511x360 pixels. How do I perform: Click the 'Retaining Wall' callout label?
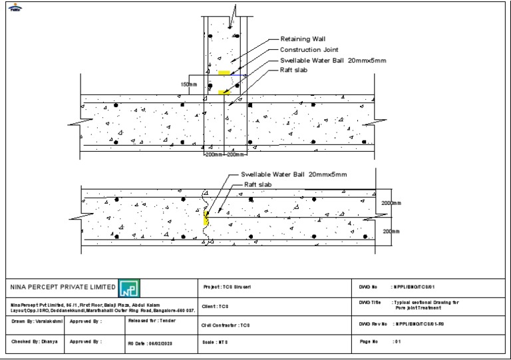303,39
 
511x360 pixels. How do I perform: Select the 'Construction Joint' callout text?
309,50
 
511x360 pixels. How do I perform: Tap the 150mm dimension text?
189,85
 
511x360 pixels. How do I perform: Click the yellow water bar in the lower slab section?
206,218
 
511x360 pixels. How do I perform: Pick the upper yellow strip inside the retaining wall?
224,73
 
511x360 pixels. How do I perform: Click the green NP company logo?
127,289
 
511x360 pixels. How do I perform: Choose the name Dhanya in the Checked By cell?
45,341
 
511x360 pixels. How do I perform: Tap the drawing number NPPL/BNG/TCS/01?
415,287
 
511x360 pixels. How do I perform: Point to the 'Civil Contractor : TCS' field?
224,325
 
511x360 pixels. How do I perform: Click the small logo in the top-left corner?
15,9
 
